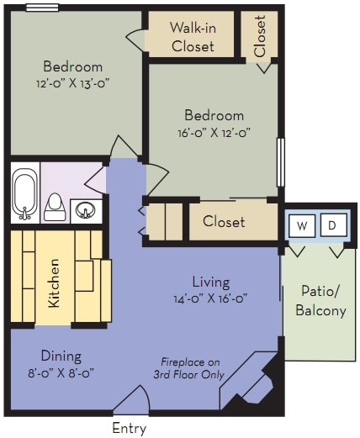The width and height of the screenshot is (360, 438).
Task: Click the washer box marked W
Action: click(x=302, y=225)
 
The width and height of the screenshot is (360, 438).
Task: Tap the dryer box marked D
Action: click(x=333, y=225)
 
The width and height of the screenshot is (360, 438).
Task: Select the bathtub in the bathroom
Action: click(x=25, y=193)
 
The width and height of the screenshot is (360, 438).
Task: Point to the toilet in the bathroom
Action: click(x=55, y=207)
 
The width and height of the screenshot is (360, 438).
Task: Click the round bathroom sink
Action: click(x=85, y=210)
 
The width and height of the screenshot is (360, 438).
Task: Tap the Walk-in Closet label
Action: click(x=193, y=37)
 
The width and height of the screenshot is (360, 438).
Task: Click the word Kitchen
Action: click(x=54, y=283)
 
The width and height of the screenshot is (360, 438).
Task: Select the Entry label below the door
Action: click(x=130, y=429)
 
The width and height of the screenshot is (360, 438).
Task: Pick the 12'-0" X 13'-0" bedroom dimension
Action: click(x=72, y=83)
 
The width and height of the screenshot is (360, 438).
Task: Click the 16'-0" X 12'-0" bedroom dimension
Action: click(x=214, y=132)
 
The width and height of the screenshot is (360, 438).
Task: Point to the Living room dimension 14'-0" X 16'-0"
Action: click(x=210, y=298)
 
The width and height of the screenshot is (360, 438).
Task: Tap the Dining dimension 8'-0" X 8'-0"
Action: click(x=61, y=373)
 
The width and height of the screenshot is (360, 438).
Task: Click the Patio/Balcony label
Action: click(x=320, y=301)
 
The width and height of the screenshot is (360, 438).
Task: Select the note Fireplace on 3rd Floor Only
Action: click(x=189, y=368)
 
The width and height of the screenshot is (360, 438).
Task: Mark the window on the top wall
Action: click(x=42, y=8)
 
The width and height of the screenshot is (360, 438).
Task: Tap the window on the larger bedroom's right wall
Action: click(x=281, y=162)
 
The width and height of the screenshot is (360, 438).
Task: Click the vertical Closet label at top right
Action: click(x=260, y=36)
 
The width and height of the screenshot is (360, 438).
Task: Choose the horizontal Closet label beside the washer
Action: click(x=224, y=221)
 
